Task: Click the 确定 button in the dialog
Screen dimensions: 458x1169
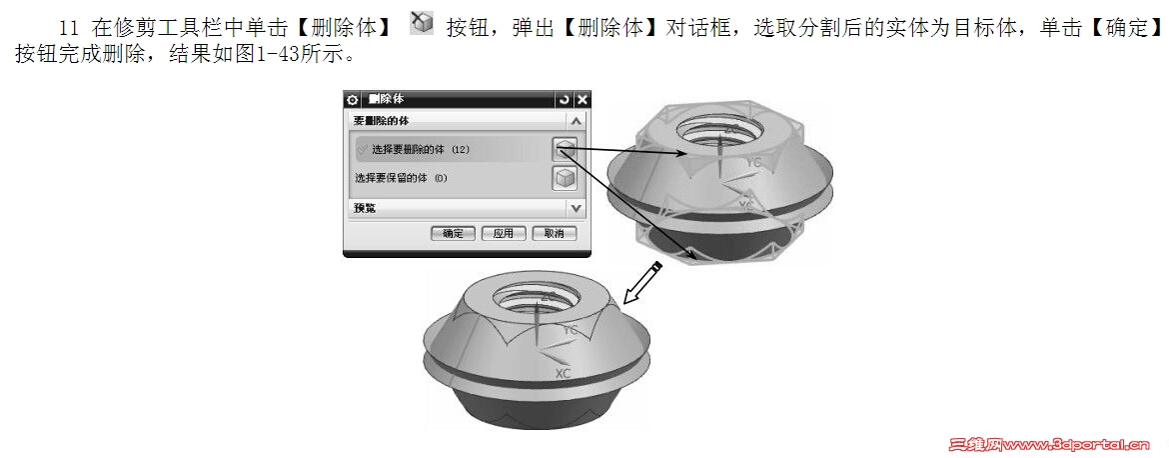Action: [x=453, y=233]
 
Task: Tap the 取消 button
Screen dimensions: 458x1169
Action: [x=554, y=233]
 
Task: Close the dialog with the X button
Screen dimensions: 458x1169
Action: [x=583, y=99]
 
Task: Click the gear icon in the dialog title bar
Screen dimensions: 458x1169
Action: [x=352, y=99]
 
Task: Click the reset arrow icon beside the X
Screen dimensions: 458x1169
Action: [x=565, y=99]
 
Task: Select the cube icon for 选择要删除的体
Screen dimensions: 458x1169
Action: [x=565, y=149]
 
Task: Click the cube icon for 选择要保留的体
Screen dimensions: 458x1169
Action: [x=565, y=178]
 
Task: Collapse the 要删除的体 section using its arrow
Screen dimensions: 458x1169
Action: [x=576, y=120]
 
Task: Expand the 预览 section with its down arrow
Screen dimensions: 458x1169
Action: [x=576, y=208]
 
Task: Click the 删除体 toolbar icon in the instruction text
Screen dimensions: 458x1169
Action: [x=423, y=24]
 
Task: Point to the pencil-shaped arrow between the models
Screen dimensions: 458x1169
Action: [x=639, y=283]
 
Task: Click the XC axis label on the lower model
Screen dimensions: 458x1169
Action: [x=563, y=373]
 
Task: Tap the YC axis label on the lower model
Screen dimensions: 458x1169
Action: [x=570, y=330]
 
